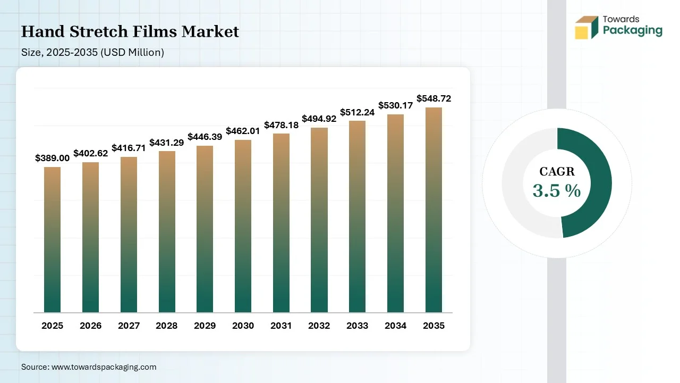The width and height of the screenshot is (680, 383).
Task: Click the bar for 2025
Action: coord(52,239)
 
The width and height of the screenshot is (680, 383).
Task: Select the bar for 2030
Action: coord(243,226)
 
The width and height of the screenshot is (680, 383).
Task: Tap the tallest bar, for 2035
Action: coord(433,210)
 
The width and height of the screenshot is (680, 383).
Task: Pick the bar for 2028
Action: coord(167,231)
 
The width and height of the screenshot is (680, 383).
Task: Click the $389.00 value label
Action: coord(52,158)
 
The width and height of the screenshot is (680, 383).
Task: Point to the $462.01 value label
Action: coord(243,131)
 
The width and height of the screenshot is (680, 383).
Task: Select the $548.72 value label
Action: coord(433,98)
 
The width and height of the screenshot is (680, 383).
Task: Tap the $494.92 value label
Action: coord(319,119)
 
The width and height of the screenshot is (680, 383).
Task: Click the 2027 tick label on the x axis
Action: coord(129,326)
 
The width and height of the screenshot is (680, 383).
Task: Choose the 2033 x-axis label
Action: coord(357,326)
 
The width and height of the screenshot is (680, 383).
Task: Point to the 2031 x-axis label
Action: coord(281,326)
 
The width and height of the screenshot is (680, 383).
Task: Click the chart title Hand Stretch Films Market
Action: coord(130,32)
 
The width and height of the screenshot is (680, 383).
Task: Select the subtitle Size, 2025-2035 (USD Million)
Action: coord(92,52)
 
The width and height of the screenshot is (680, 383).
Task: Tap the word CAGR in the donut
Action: coord(557,172)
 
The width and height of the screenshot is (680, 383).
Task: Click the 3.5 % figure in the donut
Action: coord(557,190)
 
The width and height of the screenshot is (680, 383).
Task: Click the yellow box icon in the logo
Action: coord(581,32)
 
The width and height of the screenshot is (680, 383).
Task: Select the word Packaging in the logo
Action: coord(632,30)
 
